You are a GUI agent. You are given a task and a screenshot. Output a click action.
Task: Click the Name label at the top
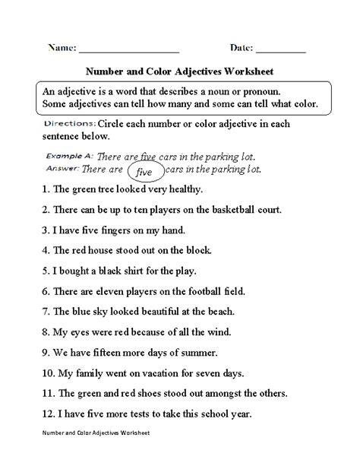63,47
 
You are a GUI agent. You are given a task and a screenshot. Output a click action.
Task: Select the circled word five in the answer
144,172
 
